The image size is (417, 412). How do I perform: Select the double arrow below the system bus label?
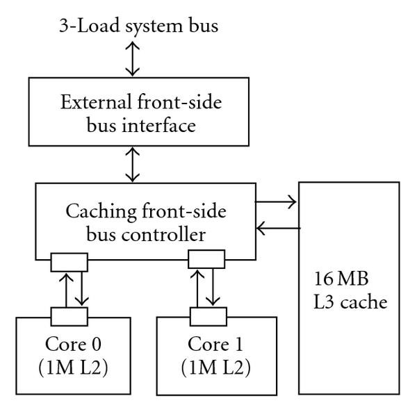coord(132,62)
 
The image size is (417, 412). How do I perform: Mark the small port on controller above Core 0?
coord(69,262)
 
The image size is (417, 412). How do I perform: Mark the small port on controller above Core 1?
coord(207,260)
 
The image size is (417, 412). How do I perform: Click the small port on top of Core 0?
coord(69,317)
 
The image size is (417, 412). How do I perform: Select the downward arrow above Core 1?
coord(213,288)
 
